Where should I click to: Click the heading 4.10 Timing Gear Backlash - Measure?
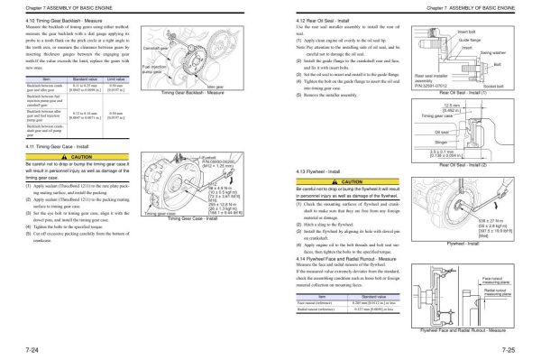click(55, 19)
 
